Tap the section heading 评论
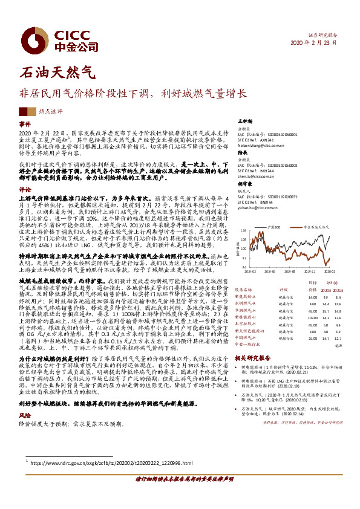(25, 189)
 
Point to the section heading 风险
(25, 433)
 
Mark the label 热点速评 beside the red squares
(50, 111)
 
